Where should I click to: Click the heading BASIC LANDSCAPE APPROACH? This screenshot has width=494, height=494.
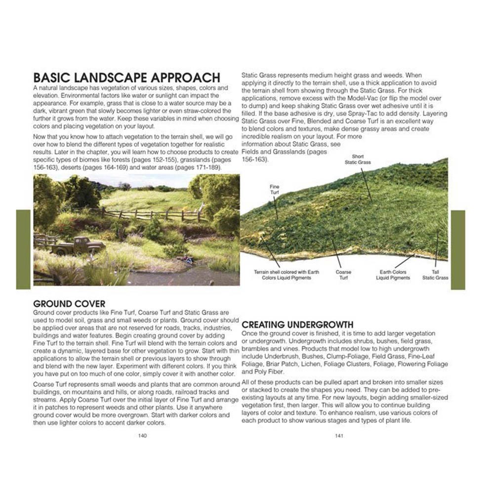126,78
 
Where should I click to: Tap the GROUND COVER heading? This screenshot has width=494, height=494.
69,304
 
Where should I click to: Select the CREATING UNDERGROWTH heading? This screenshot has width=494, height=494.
297,325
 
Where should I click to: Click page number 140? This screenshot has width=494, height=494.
142,436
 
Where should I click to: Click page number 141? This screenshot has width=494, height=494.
339,436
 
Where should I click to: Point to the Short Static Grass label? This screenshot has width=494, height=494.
358,160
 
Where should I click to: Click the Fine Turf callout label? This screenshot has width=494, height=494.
275,189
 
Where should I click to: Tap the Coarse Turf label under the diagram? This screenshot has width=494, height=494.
343,275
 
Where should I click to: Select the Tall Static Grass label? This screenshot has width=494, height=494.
435,275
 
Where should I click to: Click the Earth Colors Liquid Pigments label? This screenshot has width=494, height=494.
393,275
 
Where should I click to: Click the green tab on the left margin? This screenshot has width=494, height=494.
23,249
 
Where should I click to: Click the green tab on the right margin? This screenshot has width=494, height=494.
458,249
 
